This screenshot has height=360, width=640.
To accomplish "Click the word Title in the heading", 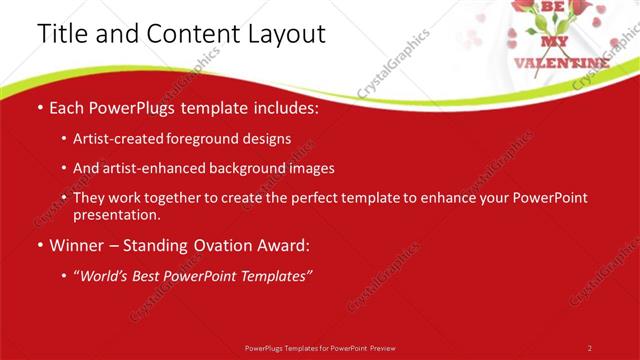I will [63, 34].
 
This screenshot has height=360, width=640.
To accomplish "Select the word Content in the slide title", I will [188, 34].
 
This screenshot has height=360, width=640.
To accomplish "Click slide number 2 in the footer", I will [589, 348].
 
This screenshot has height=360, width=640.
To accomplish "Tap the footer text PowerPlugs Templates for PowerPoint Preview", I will [320, 348].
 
